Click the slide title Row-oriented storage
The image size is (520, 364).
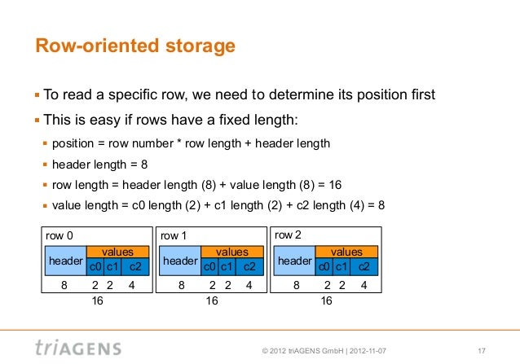134,47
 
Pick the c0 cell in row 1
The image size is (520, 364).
209,266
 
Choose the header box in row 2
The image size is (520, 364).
295,260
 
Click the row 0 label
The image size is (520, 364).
59,235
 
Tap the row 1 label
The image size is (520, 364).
174,235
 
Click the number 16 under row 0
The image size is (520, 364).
97,300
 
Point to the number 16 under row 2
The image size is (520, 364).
327,300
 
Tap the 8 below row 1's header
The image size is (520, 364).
181,286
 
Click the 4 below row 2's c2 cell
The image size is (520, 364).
364,286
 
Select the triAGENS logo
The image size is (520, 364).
78,348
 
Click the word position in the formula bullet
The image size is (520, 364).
75,143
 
